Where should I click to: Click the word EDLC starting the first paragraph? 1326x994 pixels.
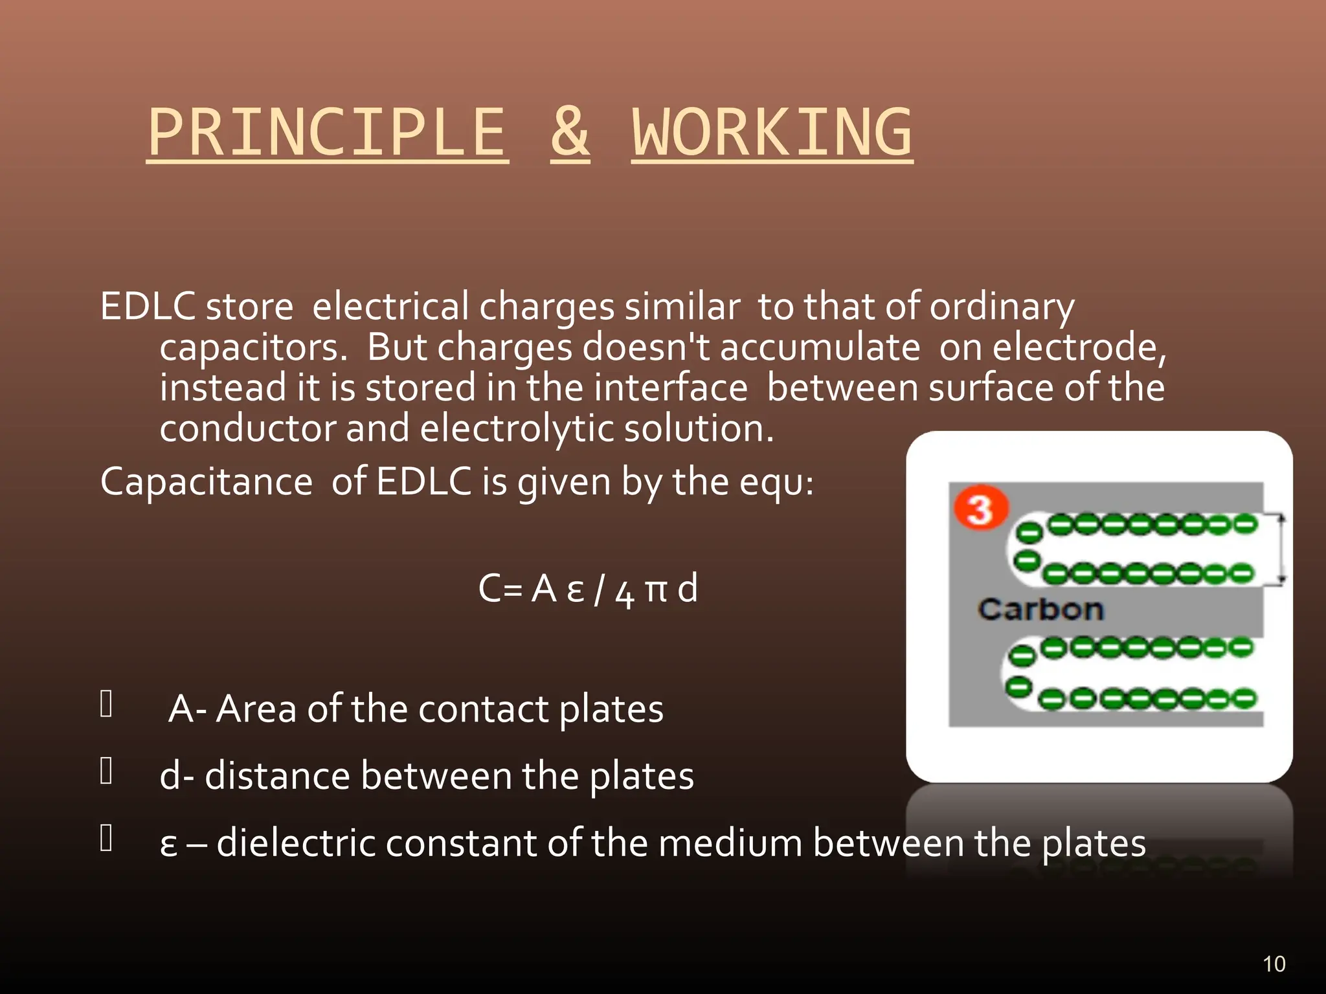[148, 306]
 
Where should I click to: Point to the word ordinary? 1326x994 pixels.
[1002, 307]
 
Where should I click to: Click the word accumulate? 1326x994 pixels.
[820, 348]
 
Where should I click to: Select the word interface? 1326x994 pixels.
[671, 388]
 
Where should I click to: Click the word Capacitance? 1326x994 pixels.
[207, 483]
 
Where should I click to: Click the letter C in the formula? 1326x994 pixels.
[489, 589]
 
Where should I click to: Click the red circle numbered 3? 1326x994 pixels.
[980, 508]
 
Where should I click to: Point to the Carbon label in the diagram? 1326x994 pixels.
[1040, 610]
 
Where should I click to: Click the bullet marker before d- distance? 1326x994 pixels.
[107, 771]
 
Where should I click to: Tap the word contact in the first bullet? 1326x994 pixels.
[484, 709]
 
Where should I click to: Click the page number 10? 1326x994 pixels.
[1274, 964]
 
